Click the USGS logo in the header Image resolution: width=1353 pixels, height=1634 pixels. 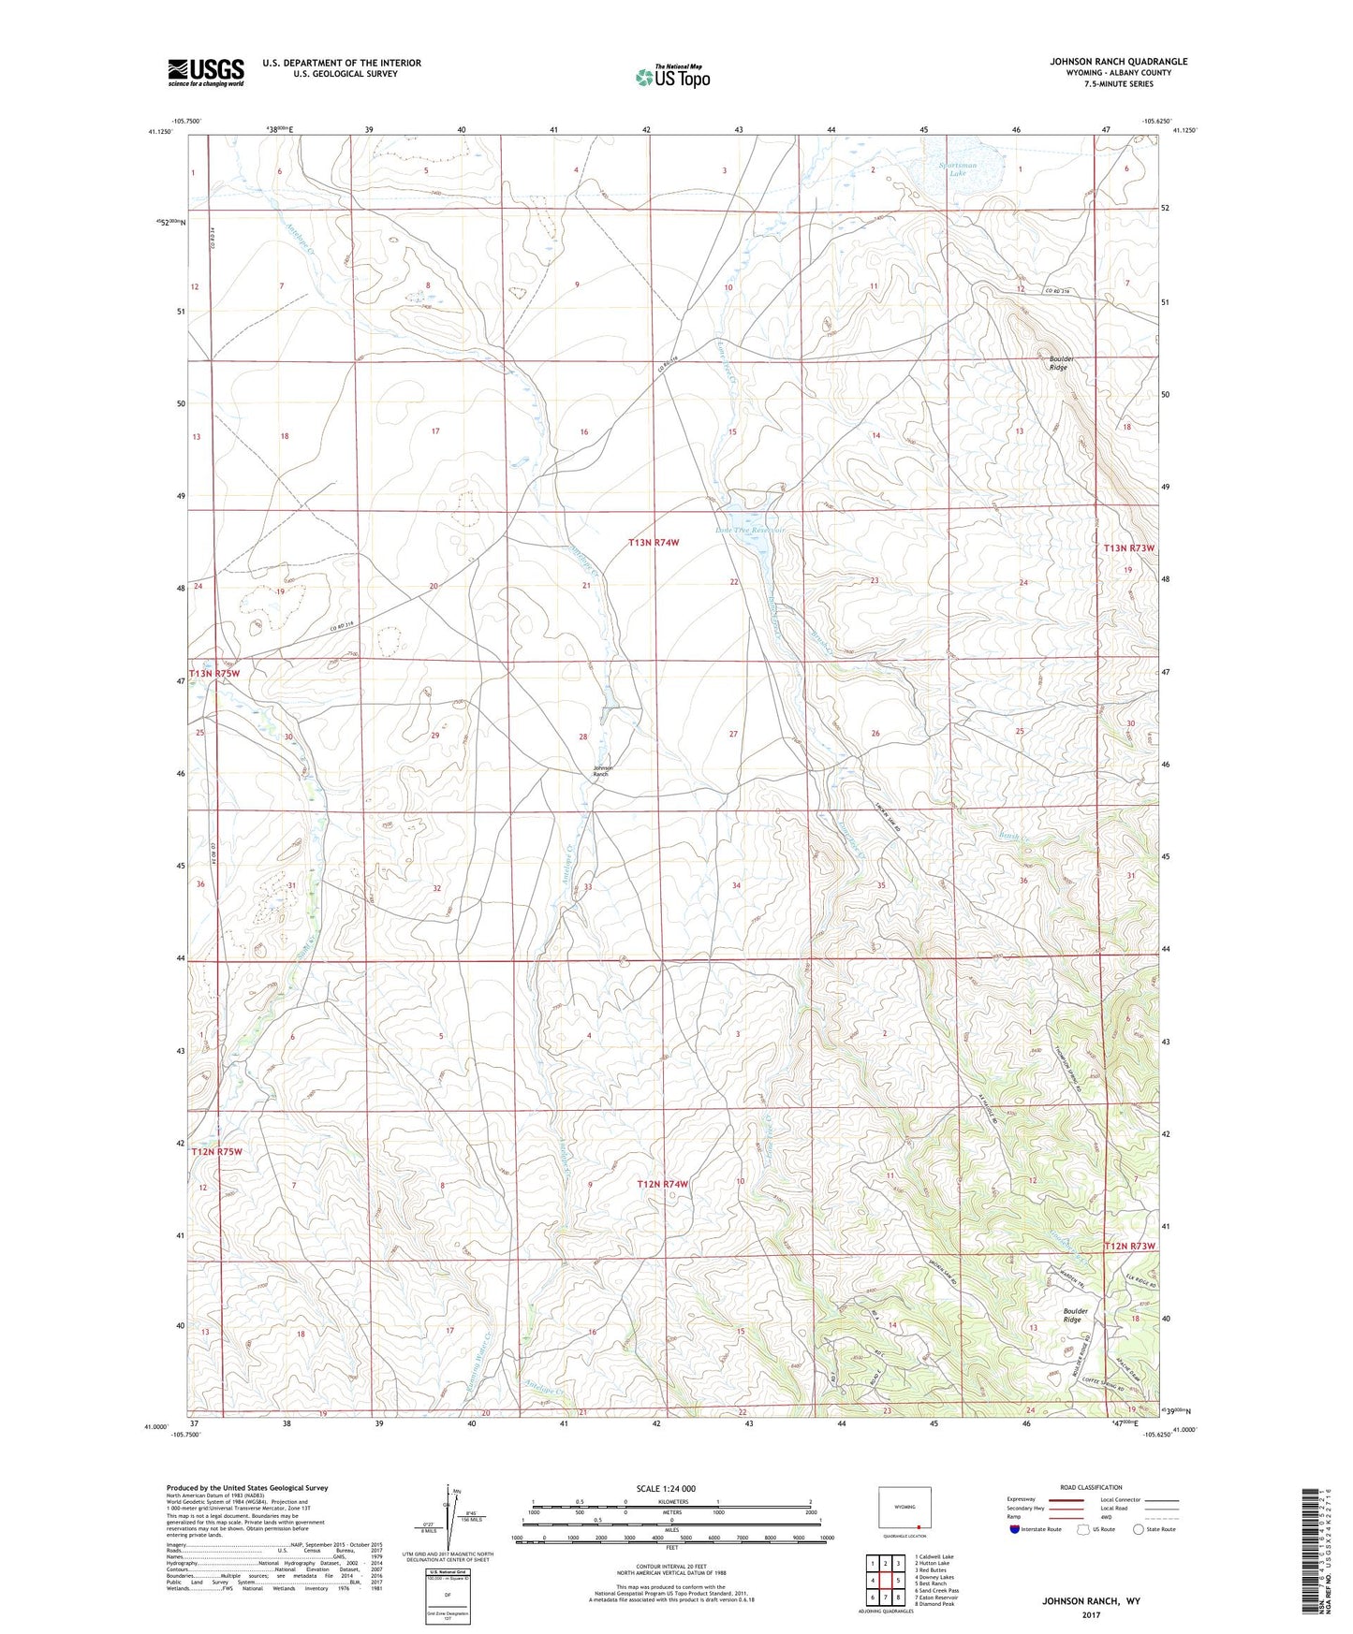coord(205,72)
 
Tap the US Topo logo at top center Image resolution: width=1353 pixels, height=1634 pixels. coord(672,77)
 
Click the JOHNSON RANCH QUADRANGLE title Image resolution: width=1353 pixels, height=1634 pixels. coord(1118,62)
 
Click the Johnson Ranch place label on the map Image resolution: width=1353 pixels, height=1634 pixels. coord(601,771)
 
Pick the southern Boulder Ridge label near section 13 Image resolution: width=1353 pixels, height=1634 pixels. coord(1075,1315)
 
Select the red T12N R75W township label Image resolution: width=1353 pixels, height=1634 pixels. coord(216,1151)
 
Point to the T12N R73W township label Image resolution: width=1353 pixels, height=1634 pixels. coord(1129,1246)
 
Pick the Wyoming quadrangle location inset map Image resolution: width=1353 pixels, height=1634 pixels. coord(904,1509)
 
